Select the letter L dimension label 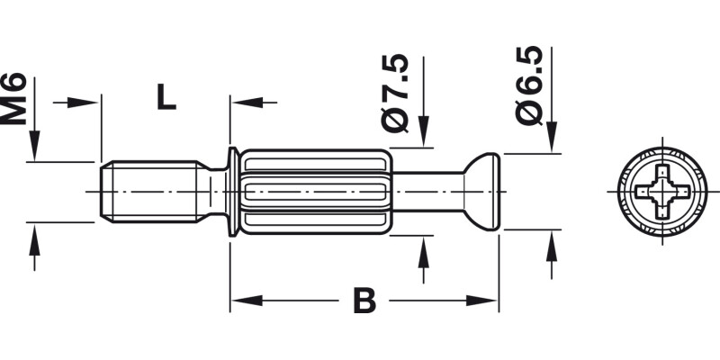[165, 96]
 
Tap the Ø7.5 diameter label [395, 94]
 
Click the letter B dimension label [364, 301]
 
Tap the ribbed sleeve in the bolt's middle [315, 192]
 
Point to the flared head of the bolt [481, 192]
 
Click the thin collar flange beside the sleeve [233, 192]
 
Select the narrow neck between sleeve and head [427, 192]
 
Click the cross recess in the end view [662, 192]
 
